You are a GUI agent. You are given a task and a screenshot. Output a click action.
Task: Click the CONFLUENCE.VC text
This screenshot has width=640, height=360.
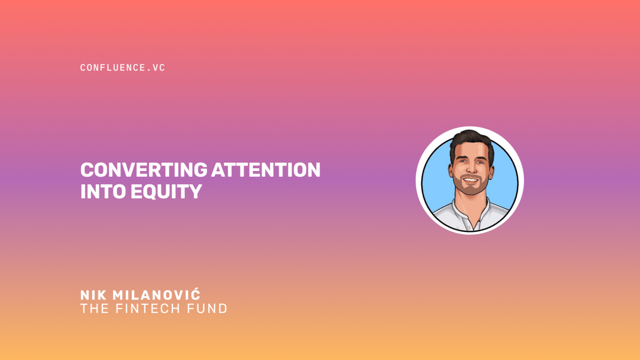(x=122, y=68)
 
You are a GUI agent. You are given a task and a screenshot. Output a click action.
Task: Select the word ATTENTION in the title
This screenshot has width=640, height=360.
(x=266, y=170)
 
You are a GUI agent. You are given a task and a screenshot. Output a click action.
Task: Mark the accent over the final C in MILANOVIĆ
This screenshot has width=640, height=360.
(x=196, y=290)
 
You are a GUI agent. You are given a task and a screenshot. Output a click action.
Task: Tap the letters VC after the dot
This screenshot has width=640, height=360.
(x=159, y=68)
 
